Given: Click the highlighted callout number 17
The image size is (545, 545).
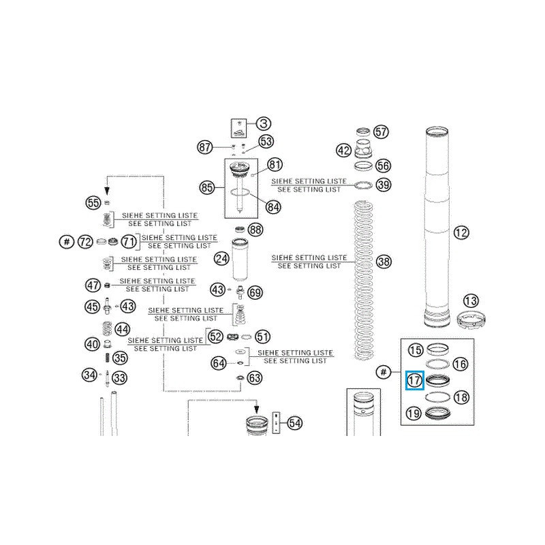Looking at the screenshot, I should coord(415,380).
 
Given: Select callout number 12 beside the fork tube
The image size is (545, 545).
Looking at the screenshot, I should coord(461,233).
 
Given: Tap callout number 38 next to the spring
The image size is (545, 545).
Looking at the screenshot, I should coord(384,262).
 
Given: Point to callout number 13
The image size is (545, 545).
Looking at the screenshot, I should coord(471,300).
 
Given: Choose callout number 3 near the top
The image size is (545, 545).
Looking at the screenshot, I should coord(264,124).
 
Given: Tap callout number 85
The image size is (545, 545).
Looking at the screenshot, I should coord(207,187).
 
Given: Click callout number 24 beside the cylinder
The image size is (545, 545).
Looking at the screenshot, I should coord(221,258).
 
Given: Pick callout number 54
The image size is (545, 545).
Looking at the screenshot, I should coord(294,423).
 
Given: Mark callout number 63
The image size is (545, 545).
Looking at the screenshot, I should coord(254,377).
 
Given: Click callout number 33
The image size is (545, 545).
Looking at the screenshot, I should coord(119,377).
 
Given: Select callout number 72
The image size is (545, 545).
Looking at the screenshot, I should coord(84,241).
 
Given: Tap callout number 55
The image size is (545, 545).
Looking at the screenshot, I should coord(93,202).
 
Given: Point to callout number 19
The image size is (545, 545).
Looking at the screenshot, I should coord(414,413).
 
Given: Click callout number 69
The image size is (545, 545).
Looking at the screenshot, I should coord(255,293).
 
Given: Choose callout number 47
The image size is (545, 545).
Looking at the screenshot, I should coord(93,285).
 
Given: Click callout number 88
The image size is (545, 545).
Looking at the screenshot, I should coord(255,230).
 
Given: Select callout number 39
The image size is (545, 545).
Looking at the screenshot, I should coord(384,185).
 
